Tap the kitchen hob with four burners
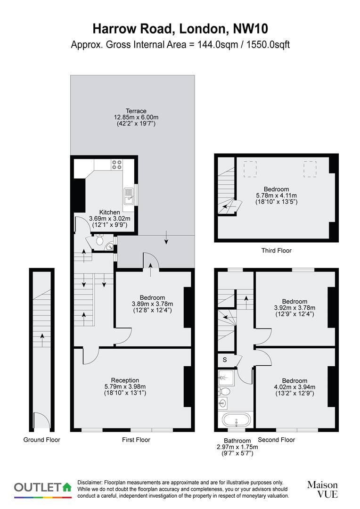[x=116, y=164]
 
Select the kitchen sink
[x=128, y=195]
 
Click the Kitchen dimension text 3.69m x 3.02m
[x=109, y=219]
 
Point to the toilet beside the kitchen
[x=99, y=241]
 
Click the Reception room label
[x=125, y=380]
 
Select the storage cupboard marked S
[x=225, y=360]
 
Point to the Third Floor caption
[x=276, y=251]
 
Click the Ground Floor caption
[x=42, y=440]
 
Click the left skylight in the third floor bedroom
[x=250, y=168]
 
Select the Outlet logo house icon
[x=67, y=486]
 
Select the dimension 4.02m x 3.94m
[x=295, y=387]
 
